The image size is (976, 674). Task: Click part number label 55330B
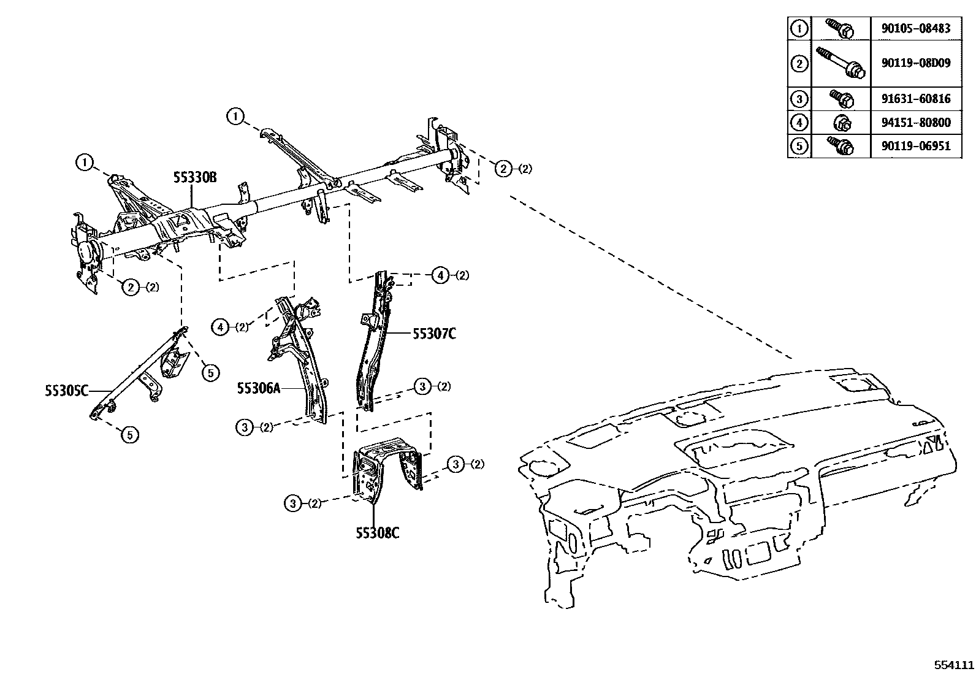click(195, 178)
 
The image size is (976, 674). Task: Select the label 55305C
click(66, 390)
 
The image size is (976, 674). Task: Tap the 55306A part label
click(259, 388)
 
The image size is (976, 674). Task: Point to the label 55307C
click(433, 334)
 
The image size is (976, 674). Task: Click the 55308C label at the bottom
click(378, 532)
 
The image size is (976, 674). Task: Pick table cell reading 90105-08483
click(916, 28)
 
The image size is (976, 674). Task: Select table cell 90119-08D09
click(916, 63)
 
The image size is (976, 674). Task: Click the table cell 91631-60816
click(916, 98)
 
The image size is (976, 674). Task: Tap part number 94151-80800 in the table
click(916, 123)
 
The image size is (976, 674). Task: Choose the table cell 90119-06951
click(916, 146)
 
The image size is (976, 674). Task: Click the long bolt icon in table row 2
click(840, 63)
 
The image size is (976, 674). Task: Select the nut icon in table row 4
click(841, 123)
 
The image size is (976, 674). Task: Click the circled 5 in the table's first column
click(799, 146)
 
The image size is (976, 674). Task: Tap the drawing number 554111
click(954, 665)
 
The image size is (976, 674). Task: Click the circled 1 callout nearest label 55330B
click(85, 163)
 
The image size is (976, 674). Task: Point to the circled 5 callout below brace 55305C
click(129, 435)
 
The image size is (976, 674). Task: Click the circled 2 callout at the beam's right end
click(503, 169)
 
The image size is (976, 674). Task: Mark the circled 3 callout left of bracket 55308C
click(294, 504)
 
